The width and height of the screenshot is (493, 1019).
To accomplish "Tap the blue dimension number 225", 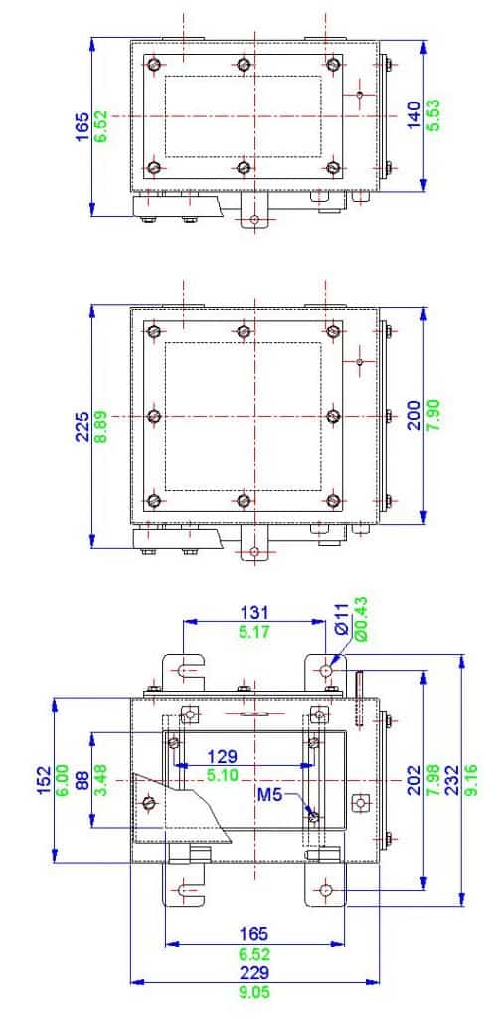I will (x=82, y=425).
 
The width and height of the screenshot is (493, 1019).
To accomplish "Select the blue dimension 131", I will (x=255, y=612).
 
